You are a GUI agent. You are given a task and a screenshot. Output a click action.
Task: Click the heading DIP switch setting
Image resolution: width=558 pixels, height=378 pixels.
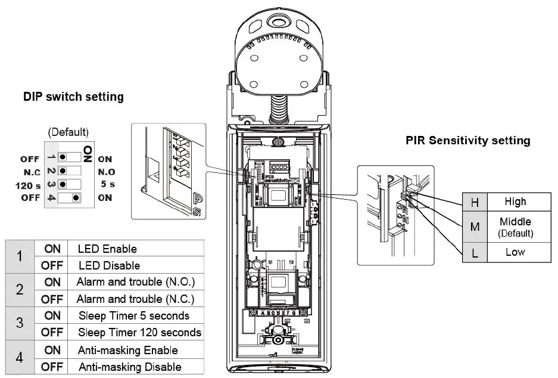pos(73,96)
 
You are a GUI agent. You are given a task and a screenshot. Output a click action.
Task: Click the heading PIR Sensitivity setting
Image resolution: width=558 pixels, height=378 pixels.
pos(467,141)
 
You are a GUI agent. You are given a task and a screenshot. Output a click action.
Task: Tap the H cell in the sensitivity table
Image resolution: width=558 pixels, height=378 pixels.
pos(475,203)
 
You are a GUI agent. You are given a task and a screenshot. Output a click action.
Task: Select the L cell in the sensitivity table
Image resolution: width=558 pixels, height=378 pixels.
pos(475,252)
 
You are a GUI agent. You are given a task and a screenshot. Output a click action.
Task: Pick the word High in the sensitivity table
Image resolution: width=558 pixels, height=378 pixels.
pos(515,202)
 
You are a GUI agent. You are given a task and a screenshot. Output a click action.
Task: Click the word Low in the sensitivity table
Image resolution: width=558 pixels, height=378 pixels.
pos(515,252)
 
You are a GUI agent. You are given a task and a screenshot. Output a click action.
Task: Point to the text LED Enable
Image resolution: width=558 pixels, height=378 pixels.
pos(107,249)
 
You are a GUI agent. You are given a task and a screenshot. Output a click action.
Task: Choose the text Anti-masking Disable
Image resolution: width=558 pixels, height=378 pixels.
pos(130,367)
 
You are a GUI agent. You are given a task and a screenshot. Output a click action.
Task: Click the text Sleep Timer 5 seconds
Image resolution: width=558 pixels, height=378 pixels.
pos(134,315)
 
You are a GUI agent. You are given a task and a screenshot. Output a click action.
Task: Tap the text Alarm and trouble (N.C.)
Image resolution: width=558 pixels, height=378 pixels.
pos(136,298)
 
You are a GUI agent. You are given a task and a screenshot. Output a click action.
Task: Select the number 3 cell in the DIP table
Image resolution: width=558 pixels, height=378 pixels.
pos(20,323)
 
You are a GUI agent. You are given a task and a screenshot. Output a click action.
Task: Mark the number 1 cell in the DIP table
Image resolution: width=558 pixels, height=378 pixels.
pos(20,257)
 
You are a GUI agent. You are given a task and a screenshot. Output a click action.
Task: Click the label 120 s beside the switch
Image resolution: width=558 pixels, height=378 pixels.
pos(28,185)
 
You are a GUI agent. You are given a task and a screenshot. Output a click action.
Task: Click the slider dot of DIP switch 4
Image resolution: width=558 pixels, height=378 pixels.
pos(76,198)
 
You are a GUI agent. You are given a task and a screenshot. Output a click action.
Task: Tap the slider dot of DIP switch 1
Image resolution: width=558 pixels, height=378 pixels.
pos(63,159)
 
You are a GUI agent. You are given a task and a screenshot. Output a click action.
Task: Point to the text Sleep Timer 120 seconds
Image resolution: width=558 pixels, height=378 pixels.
pos(140,332)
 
